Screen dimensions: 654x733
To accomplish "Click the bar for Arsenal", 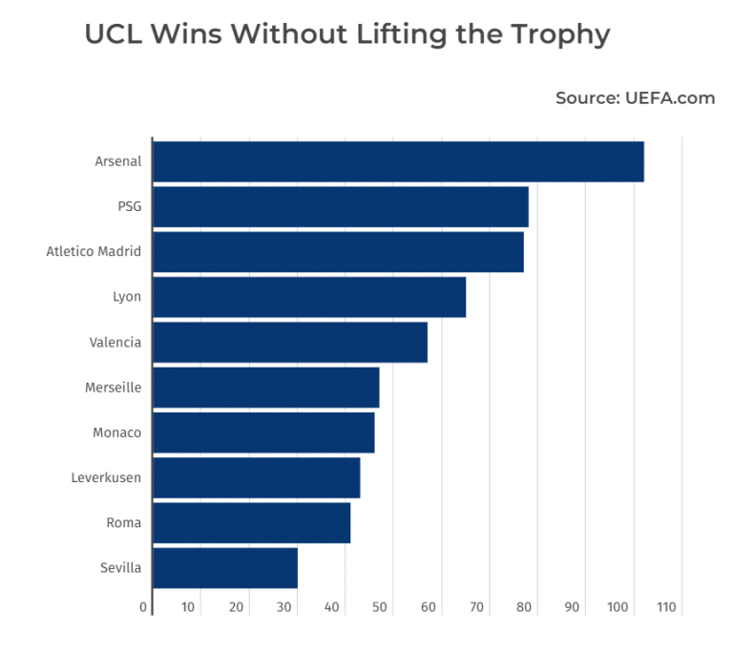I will coord(398,161).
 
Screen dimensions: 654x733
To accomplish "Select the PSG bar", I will coord(340,206).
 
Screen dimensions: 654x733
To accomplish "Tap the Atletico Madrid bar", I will coord(338,252).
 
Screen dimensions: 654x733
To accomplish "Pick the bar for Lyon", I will coord(309,297).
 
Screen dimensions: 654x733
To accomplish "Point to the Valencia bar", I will coord(290,342).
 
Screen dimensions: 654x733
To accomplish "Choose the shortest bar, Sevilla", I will coord(225,568).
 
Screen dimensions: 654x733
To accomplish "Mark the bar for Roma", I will coord(251,522).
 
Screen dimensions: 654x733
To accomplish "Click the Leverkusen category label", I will coord(106,477).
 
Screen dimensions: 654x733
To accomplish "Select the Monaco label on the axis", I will coord(116,432).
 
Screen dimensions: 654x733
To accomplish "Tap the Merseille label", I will coord(113,388).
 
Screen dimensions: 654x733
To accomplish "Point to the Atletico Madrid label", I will coord(94,252).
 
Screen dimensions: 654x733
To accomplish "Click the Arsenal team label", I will coord(118,161).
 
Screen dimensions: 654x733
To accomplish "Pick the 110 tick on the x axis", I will coord(665,607).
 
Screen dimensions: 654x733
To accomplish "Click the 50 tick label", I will coord(380,607).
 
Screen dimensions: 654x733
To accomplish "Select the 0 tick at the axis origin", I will coord(143,607).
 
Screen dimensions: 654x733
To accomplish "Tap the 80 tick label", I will coord(524,607).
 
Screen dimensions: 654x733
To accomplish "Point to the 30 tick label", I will coord(284,607).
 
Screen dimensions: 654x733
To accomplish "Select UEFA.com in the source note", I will coord(670,97).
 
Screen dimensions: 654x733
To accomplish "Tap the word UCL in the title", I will coord(114,34).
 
